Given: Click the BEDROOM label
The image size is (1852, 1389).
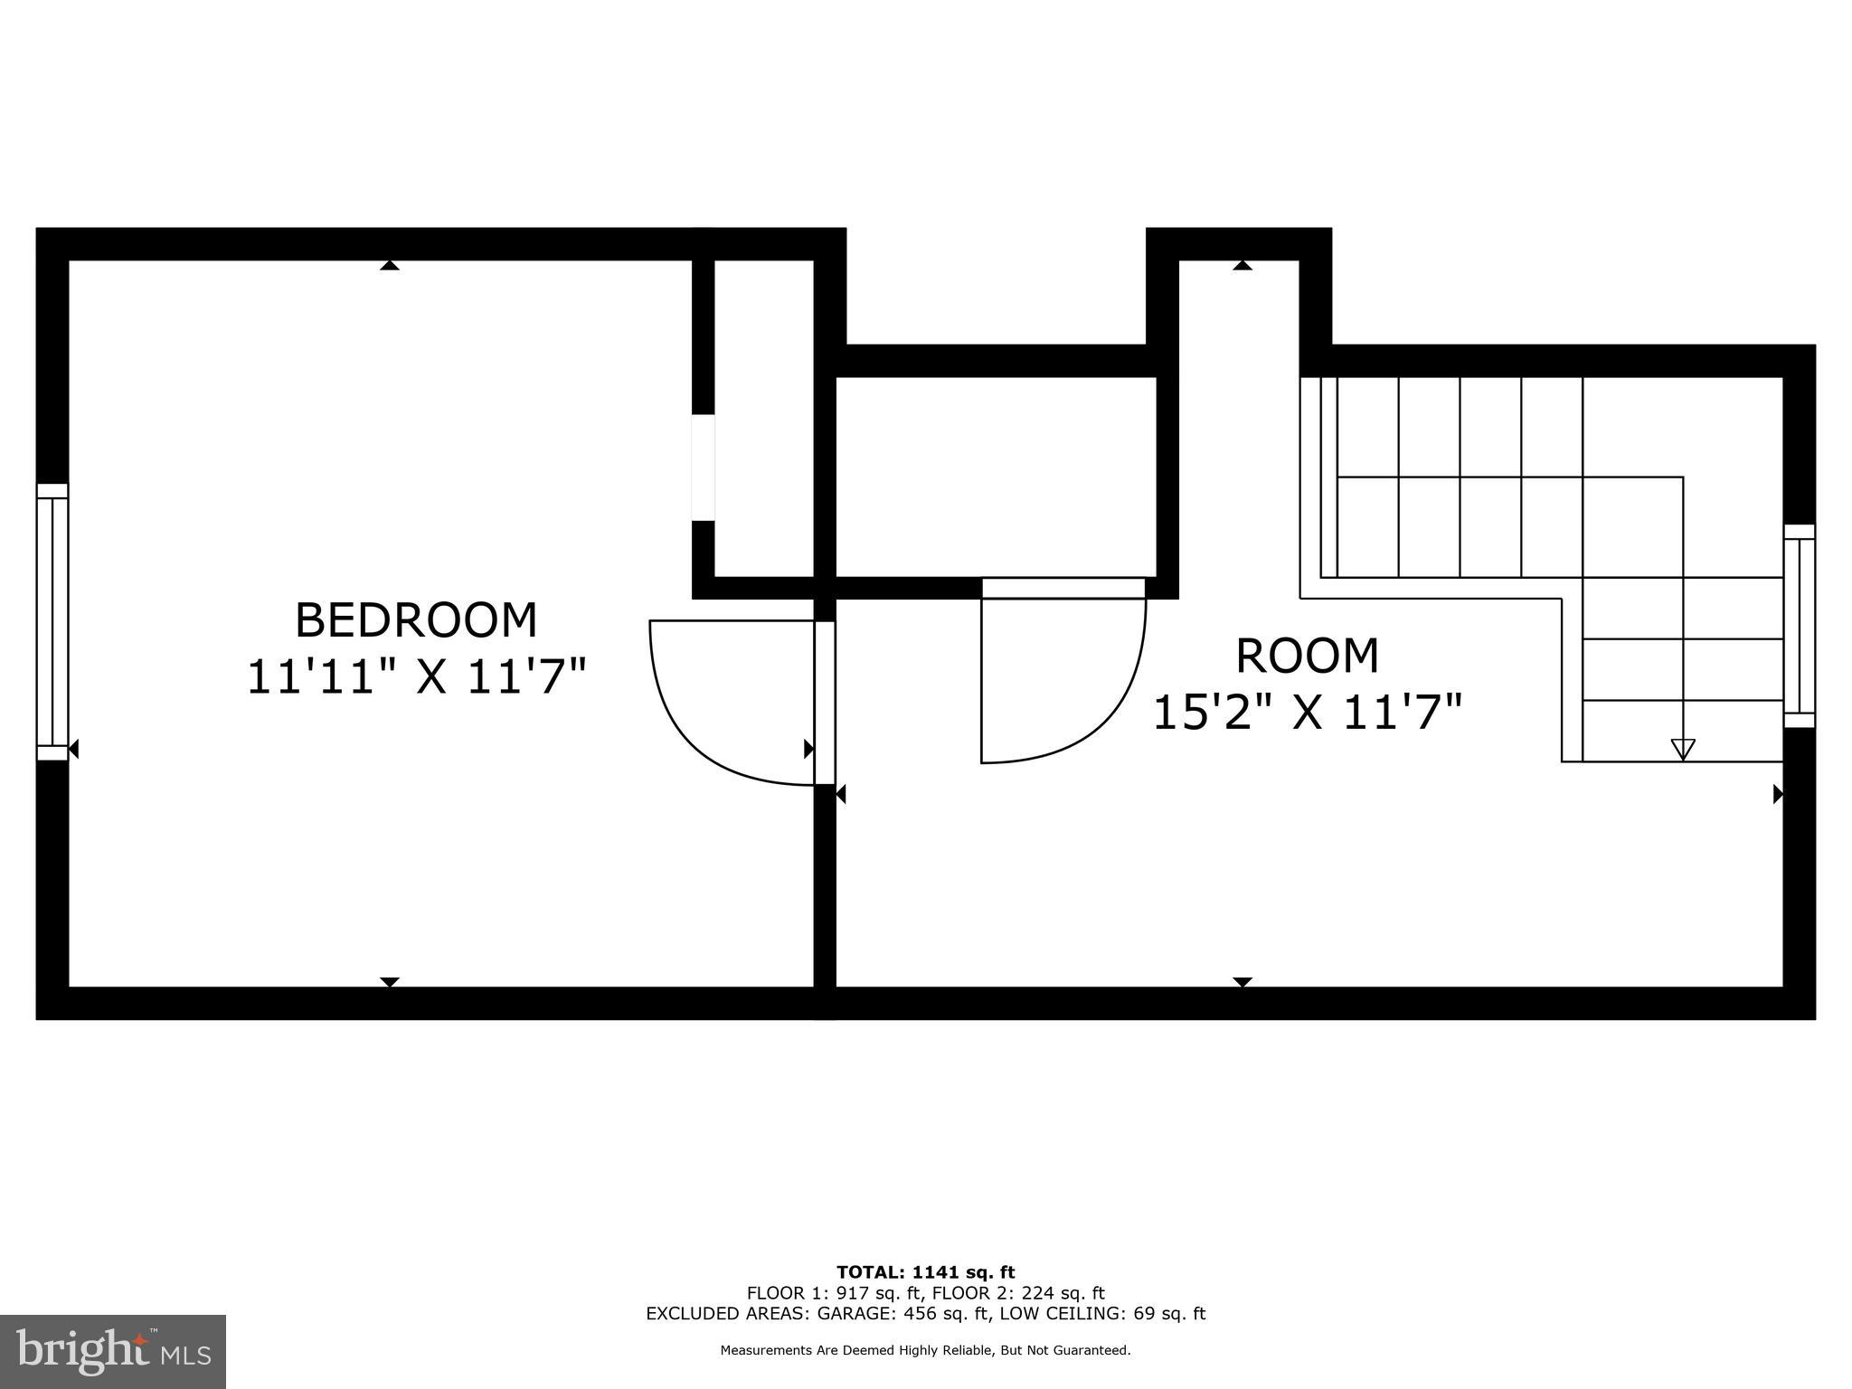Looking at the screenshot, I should (416, 620).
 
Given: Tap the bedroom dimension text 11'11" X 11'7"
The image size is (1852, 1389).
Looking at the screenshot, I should (416, 677).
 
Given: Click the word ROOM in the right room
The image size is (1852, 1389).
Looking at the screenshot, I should (1307, 657).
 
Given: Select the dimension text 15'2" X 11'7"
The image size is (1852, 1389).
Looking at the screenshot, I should (1307, 713).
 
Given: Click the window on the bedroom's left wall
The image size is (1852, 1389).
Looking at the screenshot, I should (52, 622).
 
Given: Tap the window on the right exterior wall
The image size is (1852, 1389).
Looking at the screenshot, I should (1799, 626).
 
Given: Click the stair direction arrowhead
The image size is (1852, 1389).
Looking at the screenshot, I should (1683, 749).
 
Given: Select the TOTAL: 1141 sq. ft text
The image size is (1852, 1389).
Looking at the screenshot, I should (925, 1272).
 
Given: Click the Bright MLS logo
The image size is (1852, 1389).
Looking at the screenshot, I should (113, 1351).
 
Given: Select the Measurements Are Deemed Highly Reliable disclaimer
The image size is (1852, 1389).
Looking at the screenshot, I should (925, 1350).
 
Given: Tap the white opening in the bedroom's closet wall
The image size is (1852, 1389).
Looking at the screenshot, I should (704, 468).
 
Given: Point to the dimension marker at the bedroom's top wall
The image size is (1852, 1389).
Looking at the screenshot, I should (390, 265).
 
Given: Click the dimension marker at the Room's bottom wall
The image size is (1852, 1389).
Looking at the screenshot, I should (1243, 982).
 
